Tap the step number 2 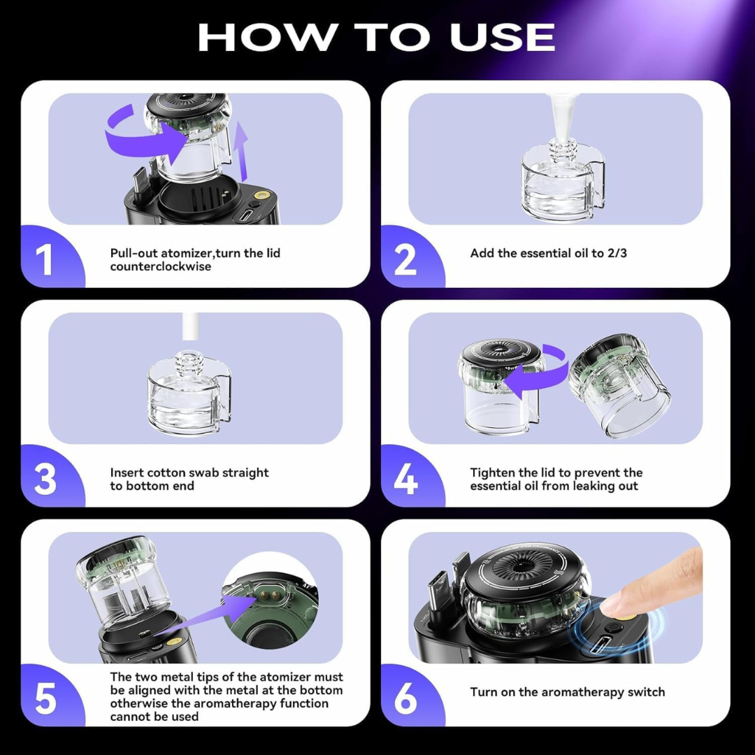point(405,259)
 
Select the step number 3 point(45,479)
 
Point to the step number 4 point(406,479)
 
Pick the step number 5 point(45,698)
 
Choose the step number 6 point(405,698)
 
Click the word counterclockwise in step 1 point(160,266)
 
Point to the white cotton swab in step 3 point(190,329)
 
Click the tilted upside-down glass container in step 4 point(619,384)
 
